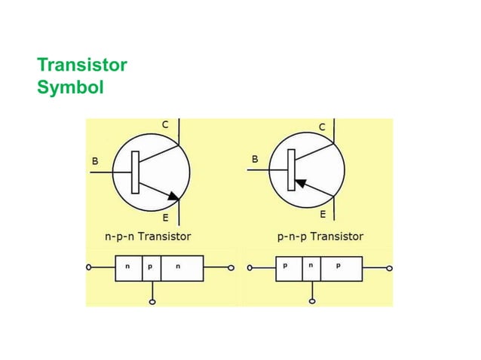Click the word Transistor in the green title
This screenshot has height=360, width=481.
[x=81, y=65]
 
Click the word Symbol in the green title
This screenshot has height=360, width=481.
[x=69, y=87]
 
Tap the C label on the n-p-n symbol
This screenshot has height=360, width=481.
[x=165, y=124]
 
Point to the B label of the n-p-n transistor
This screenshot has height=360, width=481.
[x=95, y=161]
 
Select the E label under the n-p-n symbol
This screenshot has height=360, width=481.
[x=166, y=218]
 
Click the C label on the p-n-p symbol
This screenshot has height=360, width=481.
[x=323, y=128]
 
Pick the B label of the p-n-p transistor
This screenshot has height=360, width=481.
[x=255, y=160]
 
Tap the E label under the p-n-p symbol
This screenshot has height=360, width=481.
[x=323, y=214]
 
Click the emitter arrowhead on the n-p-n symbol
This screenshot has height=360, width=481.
[x=173, y=197]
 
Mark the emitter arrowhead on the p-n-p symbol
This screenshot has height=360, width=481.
[x=301, y=182]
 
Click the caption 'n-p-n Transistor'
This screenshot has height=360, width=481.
[x=147, y=236]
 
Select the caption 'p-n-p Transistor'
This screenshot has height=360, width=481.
[x=320, y=236]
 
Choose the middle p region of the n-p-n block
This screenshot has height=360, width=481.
[x=151, y=267]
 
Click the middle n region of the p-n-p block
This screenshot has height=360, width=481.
[x=311, y=267]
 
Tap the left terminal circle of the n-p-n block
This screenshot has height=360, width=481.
[x=89, y=267]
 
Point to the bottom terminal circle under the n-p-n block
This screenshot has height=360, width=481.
[x=152, y=302]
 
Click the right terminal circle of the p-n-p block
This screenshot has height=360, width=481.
[x=389, y=267]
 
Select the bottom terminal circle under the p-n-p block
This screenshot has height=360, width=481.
[x=312, y=302]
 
